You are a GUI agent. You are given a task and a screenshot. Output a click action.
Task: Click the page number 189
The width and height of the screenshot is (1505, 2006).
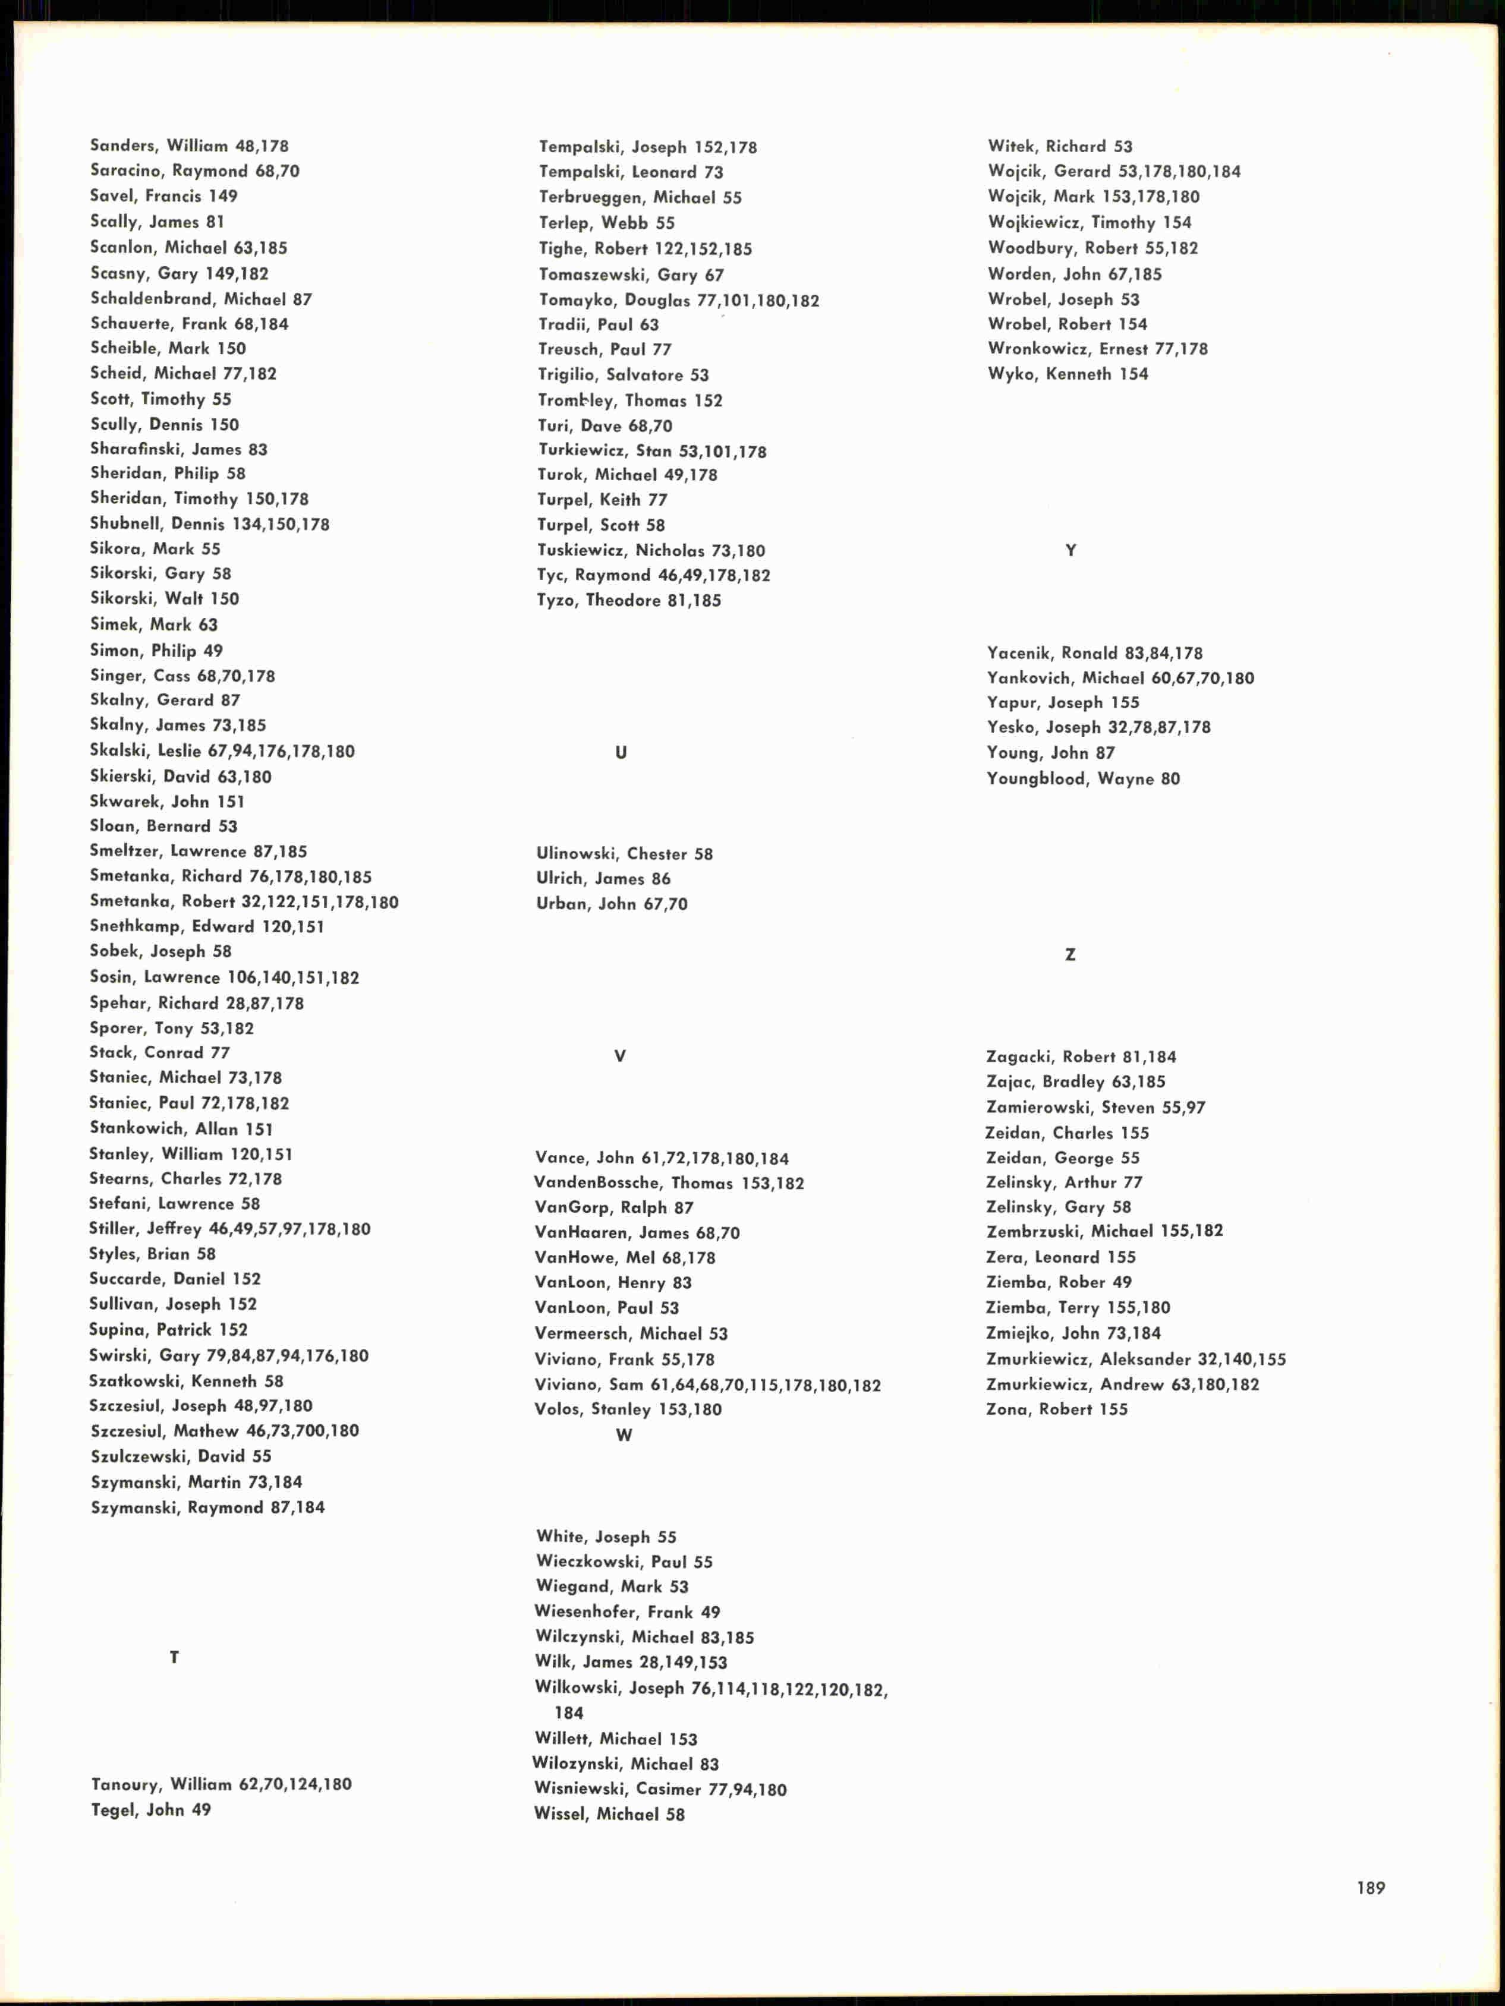pyautogui.click(x=1370, y=1887)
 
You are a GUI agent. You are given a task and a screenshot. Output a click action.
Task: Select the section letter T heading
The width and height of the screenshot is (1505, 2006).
pyautogui.click(x=174, y=1657)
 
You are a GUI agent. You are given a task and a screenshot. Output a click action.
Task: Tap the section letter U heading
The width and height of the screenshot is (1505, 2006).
pyautogui.click(x=621, y=752)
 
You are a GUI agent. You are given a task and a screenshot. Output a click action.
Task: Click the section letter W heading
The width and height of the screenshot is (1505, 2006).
pyautogui.click(x=624, y=1434)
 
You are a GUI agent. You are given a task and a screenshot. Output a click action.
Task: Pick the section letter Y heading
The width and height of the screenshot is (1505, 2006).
pyautogui.click(x=1070, y=550)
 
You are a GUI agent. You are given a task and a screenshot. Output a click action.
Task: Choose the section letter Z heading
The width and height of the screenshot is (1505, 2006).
pyautogui.click(x=1070, y=954)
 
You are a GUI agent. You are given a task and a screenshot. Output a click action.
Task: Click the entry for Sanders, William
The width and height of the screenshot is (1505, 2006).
pyautogui.click(x=188, y=145)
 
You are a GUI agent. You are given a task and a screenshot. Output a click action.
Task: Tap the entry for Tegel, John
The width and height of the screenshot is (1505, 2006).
pyautogui.click(x=150, y=1809)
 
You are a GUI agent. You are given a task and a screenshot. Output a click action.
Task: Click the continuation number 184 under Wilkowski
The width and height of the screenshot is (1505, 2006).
pyautogui.click(x=569, y=1713)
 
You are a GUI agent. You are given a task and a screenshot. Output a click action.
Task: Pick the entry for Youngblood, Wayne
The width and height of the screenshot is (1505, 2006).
pyautogui.click(x=1083, y=778)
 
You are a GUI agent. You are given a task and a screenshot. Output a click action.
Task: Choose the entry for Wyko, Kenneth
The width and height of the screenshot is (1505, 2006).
pyautogui.click(x=1068, y=374)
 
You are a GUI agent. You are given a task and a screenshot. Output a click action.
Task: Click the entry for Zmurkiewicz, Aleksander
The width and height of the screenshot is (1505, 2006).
pyautogui.click(x=1136, y=1358)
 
